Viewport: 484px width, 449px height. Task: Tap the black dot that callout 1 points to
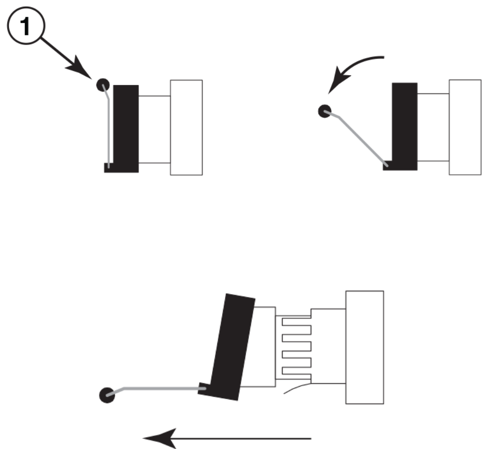click(103, 85)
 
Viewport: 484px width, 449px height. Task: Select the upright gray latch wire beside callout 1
click(110, 130)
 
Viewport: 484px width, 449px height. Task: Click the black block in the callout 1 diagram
click(126, 127)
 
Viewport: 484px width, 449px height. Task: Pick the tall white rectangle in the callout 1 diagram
click(186, 127)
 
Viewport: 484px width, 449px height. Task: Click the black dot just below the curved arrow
click(324, 111)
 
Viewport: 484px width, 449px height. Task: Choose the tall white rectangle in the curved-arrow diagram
click(464, 127)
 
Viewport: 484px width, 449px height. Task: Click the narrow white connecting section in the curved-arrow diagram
click(433, 127)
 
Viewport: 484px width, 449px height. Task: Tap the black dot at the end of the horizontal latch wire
click(106, 395)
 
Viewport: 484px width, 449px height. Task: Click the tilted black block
click(232, 346)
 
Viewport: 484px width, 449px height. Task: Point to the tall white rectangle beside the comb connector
click(364, 347)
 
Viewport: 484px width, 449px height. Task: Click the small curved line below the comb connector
click(297, 388)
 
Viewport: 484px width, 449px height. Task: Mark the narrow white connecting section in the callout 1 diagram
click(154, 129)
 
